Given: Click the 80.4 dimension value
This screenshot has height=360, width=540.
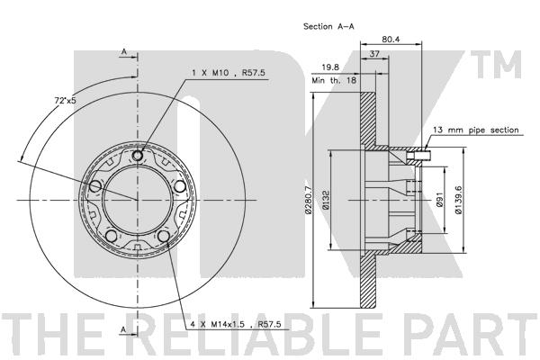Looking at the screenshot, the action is tap(391, 40).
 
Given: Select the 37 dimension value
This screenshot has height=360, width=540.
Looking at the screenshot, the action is tap(374, 54).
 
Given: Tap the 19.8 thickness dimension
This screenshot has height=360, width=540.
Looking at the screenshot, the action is tap(330, 67).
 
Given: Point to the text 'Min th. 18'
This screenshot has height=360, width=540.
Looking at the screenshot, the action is tap(334, 81).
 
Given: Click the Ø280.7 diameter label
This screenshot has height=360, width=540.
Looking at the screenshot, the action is tap(308, 200).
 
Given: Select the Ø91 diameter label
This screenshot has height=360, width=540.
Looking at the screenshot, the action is tap(439, 200).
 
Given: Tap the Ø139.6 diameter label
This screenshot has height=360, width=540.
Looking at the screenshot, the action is tap(458, 200).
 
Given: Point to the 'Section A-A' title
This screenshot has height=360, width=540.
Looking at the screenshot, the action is tap(328, 26).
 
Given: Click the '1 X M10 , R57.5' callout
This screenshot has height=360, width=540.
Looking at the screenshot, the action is tap(229, 73).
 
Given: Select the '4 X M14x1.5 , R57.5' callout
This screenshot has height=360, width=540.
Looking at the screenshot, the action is tap(236, 324).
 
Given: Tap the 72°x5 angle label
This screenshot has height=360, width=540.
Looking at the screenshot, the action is tap(65, 101).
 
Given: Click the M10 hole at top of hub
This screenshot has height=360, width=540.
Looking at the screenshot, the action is tap(138, 156).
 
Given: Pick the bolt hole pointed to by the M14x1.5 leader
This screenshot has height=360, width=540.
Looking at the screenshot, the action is tap(163, 237).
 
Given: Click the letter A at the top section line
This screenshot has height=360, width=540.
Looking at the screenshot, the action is tap(124, 51).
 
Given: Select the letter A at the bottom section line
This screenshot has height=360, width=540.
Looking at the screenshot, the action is tap(123, 329).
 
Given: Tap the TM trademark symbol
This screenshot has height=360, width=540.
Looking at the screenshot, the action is tap(496, 65).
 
